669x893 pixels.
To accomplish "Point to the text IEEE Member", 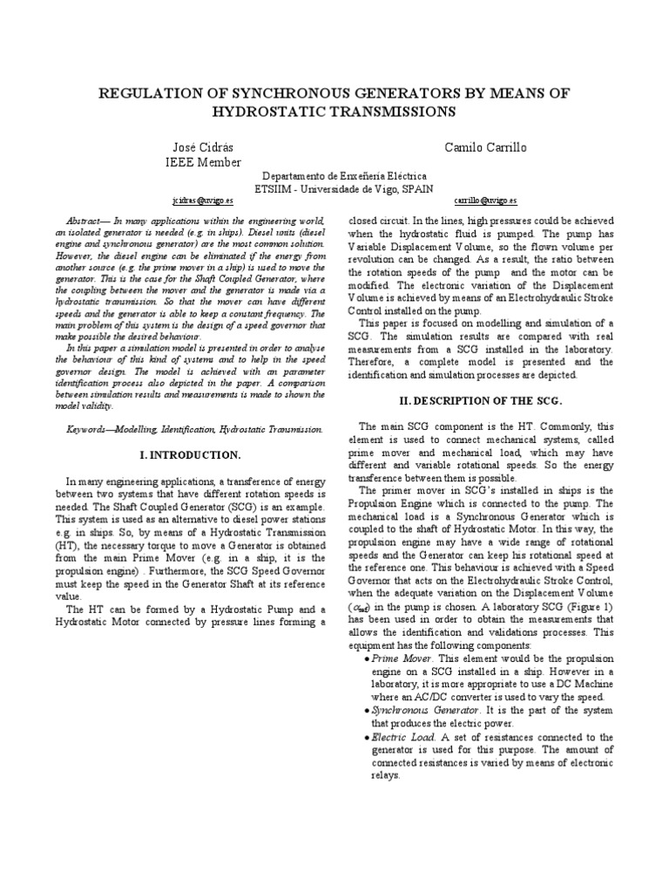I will (x=203, y=161).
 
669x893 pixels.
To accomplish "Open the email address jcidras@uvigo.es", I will (x=203, y=200).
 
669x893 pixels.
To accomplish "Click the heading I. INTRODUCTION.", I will (x=191, y=455).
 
